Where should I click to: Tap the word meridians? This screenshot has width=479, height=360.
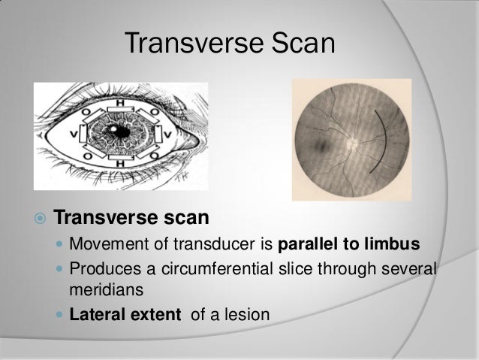[101, 289]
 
